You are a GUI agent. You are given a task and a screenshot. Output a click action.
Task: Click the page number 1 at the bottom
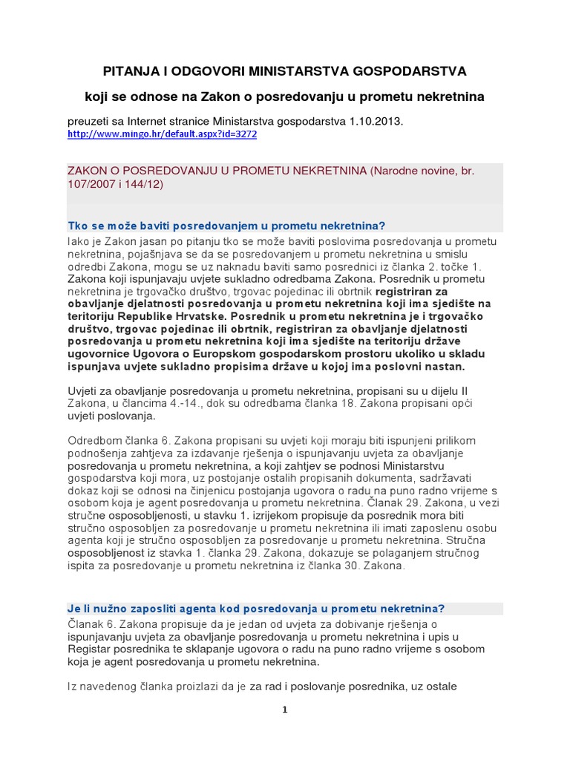click(x=284, y=710)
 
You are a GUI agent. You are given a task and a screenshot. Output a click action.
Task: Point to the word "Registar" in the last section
click(x=88, y=649)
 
